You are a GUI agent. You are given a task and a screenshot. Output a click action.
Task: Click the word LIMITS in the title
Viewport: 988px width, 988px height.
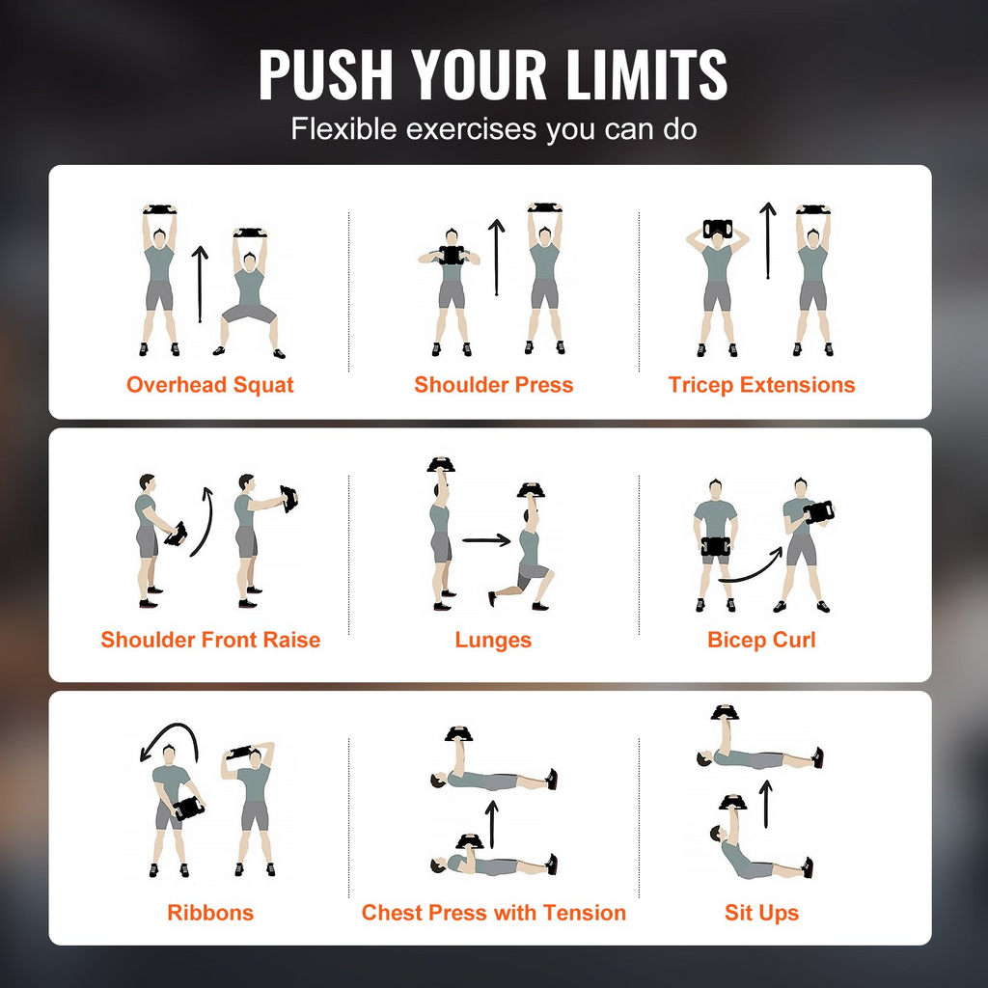click(646, 74)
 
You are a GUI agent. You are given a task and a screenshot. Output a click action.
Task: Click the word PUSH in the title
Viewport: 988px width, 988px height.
click(326, 74)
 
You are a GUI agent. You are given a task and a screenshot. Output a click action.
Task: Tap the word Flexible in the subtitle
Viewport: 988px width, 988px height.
click(344, 128)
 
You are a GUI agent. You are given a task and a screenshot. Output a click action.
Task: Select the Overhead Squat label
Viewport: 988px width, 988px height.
click(209, 385)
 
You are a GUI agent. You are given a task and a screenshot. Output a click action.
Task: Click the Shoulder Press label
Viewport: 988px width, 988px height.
click(493, 385)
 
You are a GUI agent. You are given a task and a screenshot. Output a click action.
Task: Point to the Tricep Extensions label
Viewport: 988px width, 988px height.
click(762, 385)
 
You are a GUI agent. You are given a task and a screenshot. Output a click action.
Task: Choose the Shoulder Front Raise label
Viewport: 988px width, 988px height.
click(210, 640)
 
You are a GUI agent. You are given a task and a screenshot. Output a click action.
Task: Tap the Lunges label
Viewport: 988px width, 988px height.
click(493, 641)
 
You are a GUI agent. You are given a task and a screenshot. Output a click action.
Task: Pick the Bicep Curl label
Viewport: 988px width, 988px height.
click(762, 641)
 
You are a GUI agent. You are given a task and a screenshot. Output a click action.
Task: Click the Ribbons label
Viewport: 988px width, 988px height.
click(210, 913)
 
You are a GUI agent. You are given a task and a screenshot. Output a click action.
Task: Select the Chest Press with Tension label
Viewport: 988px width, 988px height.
click(493, 913)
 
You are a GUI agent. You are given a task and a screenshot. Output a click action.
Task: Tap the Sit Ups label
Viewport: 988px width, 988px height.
click(762, 913)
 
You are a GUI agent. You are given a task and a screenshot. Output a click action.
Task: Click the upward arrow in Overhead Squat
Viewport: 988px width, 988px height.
click(200, 285)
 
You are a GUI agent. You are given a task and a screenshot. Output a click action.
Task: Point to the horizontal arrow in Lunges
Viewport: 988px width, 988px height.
click(486, 540)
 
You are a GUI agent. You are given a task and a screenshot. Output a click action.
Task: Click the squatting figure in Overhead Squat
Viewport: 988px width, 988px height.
click(250, 293)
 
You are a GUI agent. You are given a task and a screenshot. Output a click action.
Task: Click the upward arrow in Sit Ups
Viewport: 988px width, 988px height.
click(765, 804)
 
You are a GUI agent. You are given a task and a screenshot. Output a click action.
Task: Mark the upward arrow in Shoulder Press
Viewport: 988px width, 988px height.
click(497, 257)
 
